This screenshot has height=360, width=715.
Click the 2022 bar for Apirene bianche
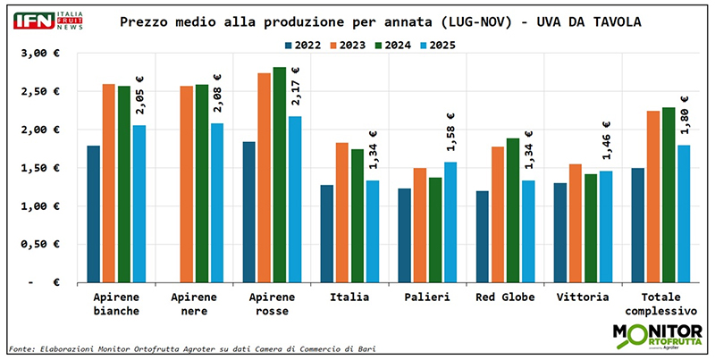93,213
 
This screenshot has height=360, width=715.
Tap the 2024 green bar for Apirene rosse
279,174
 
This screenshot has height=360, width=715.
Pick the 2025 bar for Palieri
450,222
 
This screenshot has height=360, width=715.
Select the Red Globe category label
505,297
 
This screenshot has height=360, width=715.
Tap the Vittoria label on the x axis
582,297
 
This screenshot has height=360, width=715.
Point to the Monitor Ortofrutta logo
654,336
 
